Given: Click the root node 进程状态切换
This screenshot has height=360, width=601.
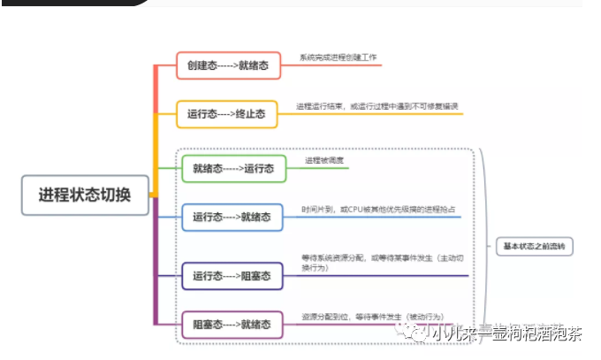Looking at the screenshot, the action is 84,195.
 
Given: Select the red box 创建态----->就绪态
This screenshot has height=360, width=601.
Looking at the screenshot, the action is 228,65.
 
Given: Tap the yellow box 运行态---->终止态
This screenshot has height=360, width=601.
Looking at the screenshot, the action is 226,114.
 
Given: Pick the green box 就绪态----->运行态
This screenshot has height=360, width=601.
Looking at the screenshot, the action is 233,168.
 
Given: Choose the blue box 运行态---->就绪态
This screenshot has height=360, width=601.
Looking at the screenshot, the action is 232,217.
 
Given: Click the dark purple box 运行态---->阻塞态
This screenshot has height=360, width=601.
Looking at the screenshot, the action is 232,276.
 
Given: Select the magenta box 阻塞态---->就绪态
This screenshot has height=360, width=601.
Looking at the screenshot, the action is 232,325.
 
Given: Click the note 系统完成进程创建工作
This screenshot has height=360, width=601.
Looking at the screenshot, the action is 339,57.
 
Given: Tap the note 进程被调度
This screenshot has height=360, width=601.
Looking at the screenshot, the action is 323,160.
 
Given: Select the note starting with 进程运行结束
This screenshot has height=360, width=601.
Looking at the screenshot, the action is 377,106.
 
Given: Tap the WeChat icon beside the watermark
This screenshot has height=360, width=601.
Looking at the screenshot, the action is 415,333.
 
